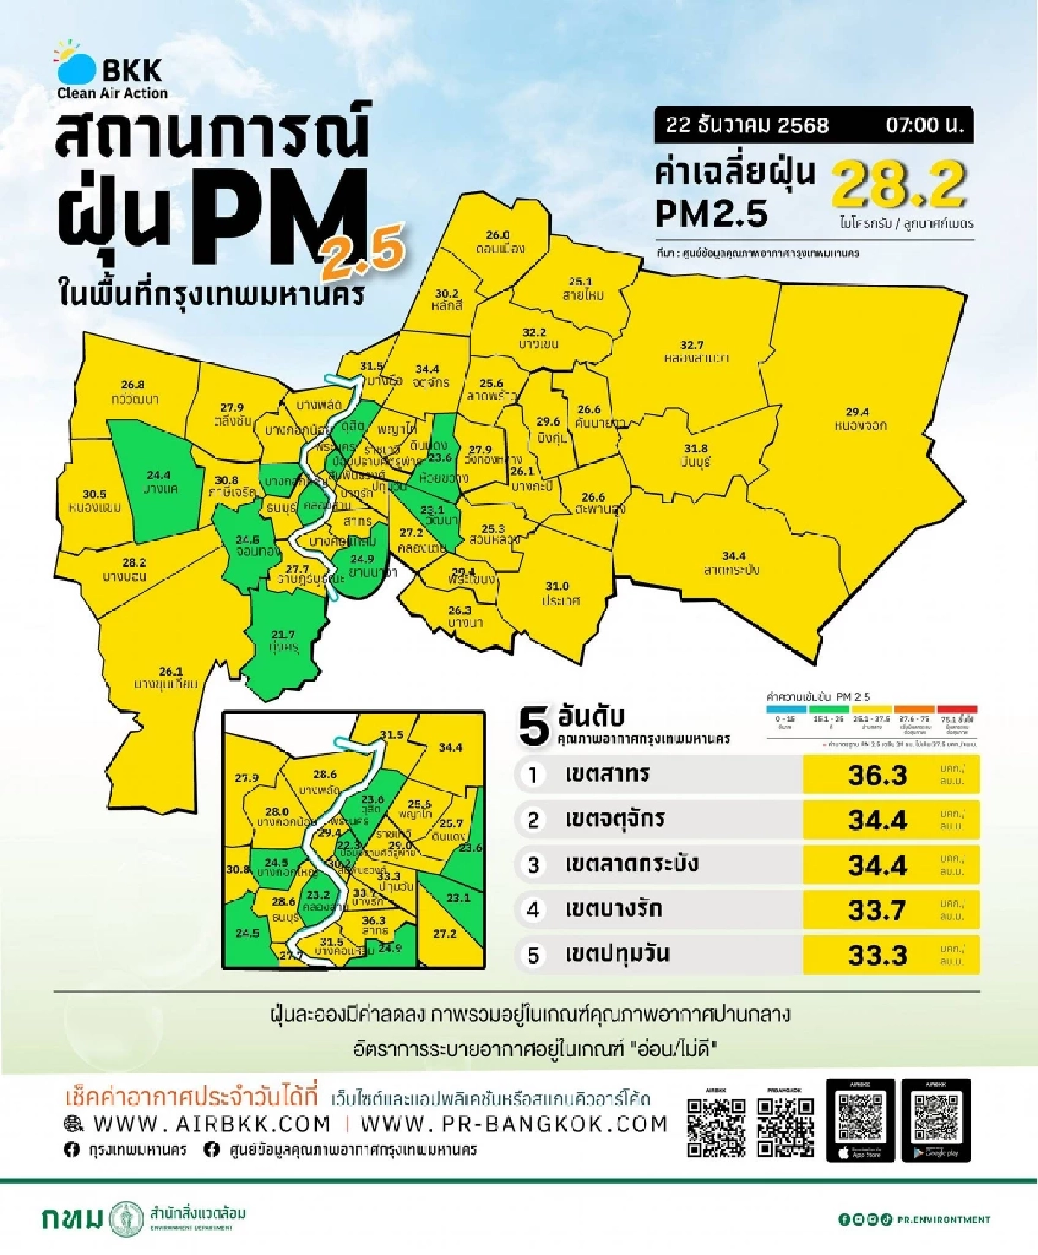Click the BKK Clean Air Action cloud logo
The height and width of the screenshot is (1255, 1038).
76,66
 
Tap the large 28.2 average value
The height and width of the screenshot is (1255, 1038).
898,183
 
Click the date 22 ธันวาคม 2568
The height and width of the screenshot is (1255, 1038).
746,125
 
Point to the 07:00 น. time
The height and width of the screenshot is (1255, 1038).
924,125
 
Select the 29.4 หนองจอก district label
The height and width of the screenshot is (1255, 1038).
860,419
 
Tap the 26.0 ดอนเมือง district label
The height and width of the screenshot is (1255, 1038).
499,241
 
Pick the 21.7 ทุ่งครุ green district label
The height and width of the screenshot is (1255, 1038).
283,641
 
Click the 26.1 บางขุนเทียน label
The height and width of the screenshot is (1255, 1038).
167,677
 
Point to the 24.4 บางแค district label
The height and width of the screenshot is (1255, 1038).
159,482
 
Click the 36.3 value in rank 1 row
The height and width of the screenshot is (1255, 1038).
877,775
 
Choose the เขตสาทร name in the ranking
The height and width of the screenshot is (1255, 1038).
607,774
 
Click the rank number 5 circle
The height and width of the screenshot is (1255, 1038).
533,955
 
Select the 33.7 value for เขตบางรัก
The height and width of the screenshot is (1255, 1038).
877,910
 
